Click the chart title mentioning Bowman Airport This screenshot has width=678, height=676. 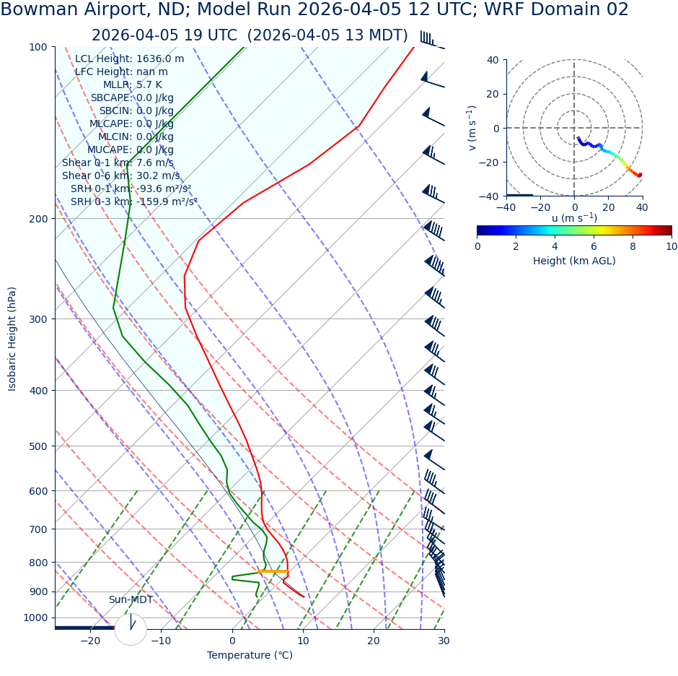pyautogui.click(x=314, y=10)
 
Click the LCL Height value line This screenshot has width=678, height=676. pyautogui.click(x=130, y=59)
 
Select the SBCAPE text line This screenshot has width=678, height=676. pyautogui.click(x=132, y=98)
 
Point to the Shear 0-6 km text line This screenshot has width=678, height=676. pyautogui.click(x=121, y=176)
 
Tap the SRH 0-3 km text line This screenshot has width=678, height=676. pyautogui.click(x=134, y=202)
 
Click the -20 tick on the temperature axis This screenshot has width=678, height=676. pyautogui.click(x=90, y=641)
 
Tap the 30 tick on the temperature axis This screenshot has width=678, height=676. pyautogui.click(x=444, y=641)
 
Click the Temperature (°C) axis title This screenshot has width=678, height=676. pyautogui.click(x=250, y=656)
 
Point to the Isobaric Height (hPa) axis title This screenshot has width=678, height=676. pyautogui.click(x=12, y=339)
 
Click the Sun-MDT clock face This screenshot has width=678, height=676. pyautogui.click(x=131, y=629)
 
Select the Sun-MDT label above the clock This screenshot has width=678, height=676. pyautogui.click(x=131, y=600)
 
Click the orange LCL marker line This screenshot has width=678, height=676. pyautogui.click(x=273, y=572)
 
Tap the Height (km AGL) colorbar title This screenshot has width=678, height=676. pyautogui.click(x=574, y=261)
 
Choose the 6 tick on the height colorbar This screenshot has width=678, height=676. pyautogui.click(x=594, y=246)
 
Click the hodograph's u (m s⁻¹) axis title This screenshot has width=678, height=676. pyautogui.click(x=574, y=218)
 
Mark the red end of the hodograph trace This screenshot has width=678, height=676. pyautogui.click(x=640, y=175)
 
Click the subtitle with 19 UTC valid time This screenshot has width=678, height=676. pyautogui.click(x=250, y=35)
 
